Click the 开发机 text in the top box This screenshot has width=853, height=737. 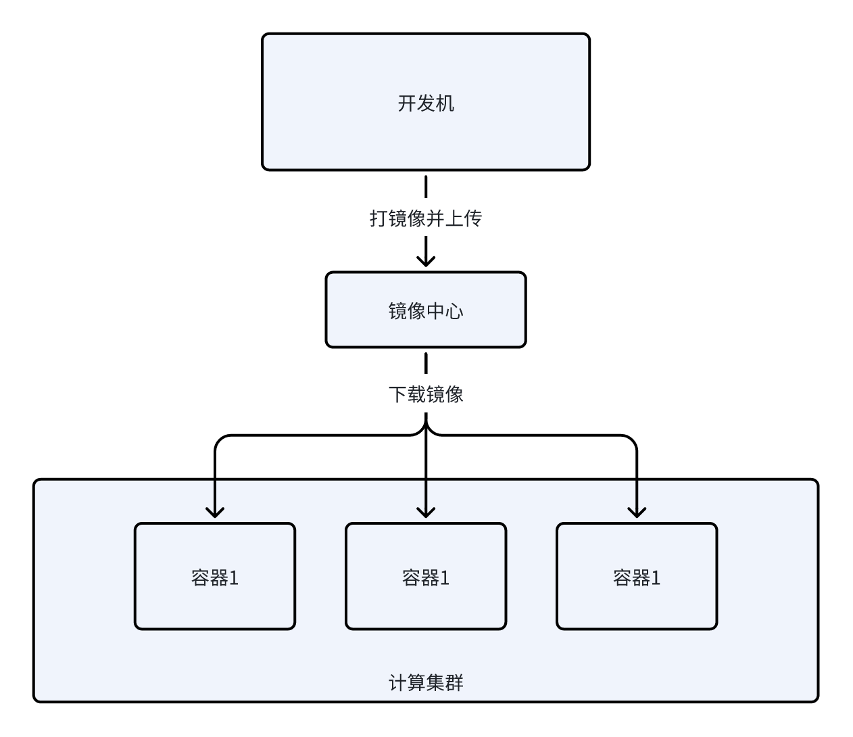(426, 103)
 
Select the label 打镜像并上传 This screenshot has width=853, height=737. (426, 218)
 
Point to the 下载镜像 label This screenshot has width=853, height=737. (426, 394)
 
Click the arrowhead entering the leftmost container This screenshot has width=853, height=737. (215, 511)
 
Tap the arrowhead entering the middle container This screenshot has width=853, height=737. (426, 511)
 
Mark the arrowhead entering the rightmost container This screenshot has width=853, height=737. (637, 511)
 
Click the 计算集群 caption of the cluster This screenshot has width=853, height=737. (426, 683)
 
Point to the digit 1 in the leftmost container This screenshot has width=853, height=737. (234, 578)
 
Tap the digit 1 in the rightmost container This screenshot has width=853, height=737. (656, 578)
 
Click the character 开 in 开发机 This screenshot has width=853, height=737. (407, 103)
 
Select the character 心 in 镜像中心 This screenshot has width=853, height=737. (454, 311)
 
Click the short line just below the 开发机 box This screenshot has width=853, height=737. (426, 186)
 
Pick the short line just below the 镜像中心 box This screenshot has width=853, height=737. (426, 363)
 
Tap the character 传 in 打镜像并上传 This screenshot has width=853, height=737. (472, 218)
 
